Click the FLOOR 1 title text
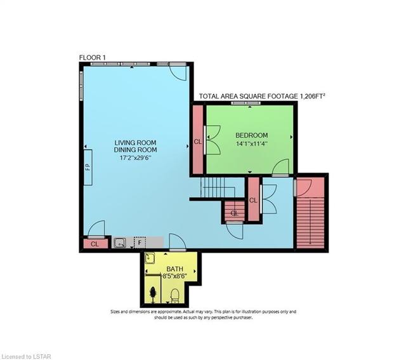pyautogui.click(x=93, y=58)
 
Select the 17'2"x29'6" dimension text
pyautogui.click(x=135, y=158)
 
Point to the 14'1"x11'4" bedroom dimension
pyautogui.click(x=251, y=143)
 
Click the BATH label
pyautogui.click(x=175, y=269)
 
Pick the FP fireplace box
pyautogui.click(x=88, y=167)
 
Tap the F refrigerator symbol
pyautogui.click(x=140, y=243)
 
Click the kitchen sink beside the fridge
pyautogui.click(x=120, y=243)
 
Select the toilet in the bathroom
pyautogui.click(x=175, y=296)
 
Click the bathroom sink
pyautogui.click(x=150, y=258)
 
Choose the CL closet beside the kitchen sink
pyautogui.click(x=95, y=244)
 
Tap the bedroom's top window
pyautogui.click(x=246, y=103)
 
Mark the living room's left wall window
pyautogui.click(x=81, y=86)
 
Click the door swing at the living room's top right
pyautogui.click(x=178, y=72)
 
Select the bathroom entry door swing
pyautogui.click(x=178, y=242)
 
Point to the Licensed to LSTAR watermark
pyautogui.click(x=25, y=357)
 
